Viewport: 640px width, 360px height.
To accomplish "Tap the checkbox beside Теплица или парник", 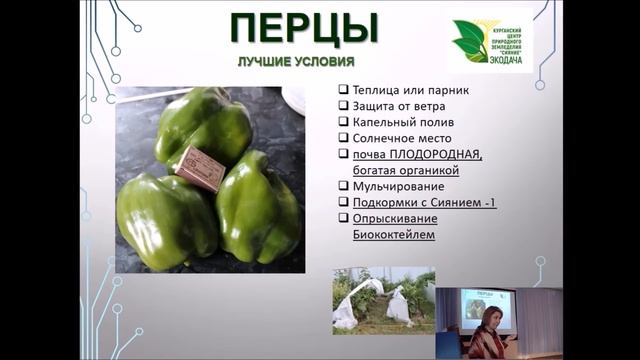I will pos(343,89).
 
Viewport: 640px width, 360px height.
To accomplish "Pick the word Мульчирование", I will pos(399,186).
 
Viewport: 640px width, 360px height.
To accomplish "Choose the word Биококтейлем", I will pos(392,235).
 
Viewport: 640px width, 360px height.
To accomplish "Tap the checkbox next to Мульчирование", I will pos(343,186).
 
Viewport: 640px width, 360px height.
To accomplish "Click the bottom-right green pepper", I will pos(258,210).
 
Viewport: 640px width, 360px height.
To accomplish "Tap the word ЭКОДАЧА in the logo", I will pos(506,58).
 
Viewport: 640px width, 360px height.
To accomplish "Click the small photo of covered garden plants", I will pos(384,299).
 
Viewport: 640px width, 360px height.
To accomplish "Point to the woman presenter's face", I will pos(491,319).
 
